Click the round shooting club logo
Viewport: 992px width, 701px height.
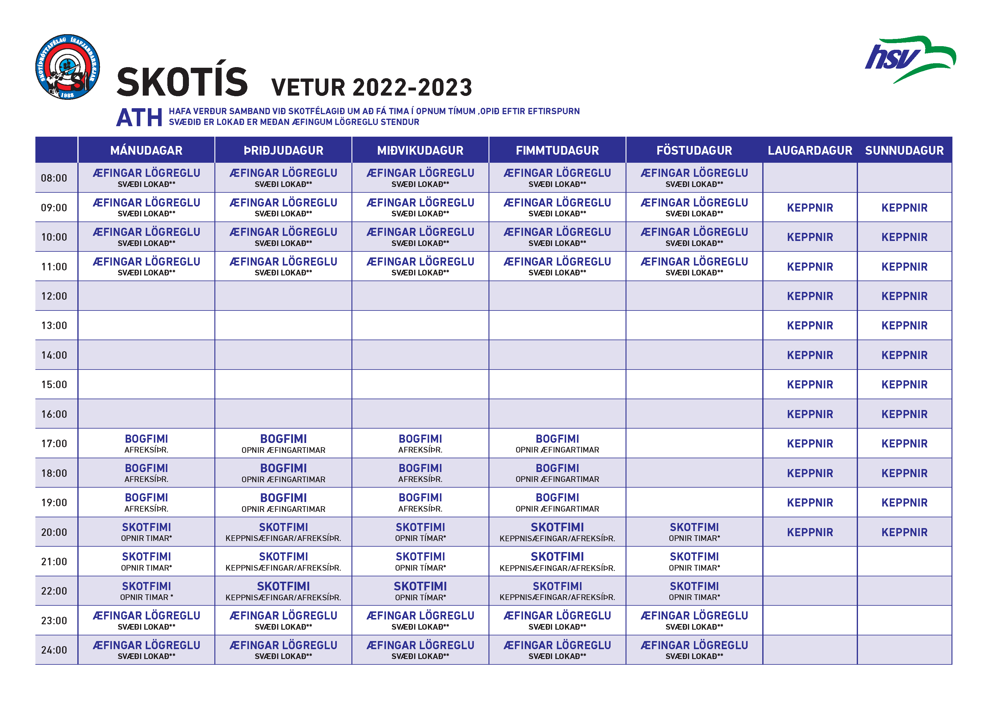(67, 67)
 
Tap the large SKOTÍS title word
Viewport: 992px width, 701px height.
(182, 82)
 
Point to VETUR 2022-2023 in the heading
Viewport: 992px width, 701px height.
(372, 88)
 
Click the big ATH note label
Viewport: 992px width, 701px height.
(139, 117)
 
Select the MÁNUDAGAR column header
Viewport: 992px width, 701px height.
(146, 150)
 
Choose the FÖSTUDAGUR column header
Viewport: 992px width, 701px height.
(694, 150)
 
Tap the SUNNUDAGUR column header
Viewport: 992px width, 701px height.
(904, 150)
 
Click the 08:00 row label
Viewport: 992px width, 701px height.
(54, 178)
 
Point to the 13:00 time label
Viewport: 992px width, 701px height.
(54, 326)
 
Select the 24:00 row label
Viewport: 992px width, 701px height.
(54, 650)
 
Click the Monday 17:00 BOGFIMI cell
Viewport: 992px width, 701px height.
(146, 444)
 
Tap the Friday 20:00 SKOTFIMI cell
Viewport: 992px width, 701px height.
(694, 532)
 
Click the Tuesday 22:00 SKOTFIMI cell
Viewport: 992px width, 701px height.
(283, 591)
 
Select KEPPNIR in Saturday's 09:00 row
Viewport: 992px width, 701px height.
(810, 208)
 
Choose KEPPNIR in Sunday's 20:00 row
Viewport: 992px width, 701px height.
(904, 532)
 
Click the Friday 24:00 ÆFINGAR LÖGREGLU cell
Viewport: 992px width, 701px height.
(694, 650)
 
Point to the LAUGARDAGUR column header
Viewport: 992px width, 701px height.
(810, 150)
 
